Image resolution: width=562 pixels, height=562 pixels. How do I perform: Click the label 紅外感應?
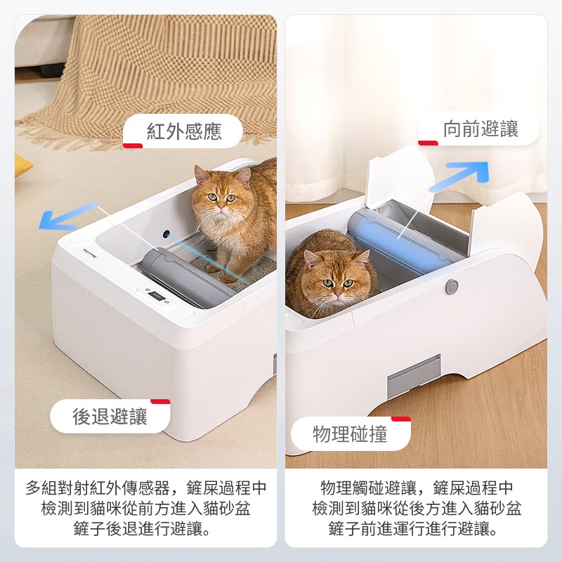(x=184, y=131)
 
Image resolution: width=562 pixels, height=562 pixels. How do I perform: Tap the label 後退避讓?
(x=110, y=417)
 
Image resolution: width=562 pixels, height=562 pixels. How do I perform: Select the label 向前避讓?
(x=481, y=129)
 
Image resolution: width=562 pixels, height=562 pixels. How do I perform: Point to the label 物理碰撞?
(x=350, y=434)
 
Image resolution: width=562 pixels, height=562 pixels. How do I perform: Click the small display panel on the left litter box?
(x=157, y=296)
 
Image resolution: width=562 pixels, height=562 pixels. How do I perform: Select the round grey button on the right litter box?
(x=452, y=287)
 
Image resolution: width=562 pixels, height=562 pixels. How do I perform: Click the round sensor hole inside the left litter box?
(x=166, y=235)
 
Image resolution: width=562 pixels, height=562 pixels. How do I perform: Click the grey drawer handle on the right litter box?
(x=414, y=377)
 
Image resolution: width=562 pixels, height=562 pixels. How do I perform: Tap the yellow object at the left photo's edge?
(x=22, y=166)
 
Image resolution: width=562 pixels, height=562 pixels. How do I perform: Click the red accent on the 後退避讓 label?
(x=160, y=401)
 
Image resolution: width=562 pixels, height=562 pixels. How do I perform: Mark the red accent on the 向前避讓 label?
(x=428, y=143)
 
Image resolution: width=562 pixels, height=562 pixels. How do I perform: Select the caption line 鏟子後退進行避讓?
(x=143, y=529)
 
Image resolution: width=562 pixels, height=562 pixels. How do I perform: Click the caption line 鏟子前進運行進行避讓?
(x=413, y=529)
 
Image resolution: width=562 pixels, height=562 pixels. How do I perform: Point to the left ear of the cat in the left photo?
(x=200, y=174)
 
